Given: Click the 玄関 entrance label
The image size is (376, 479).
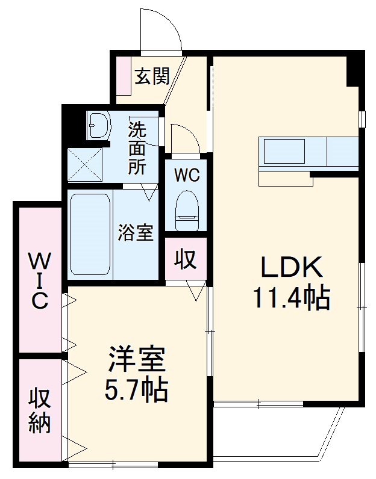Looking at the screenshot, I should coord(151,76).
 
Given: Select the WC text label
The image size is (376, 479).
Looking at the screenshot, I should coord(186,175).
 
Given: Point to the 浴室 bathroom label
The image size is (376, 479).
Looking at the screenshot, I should coord(136,232).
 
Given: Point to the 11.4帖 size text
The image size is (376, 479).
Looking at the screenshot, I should coord(291,297).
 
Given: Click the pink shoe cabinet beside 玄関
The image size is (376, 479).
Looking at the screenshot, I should coord(124,76).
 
